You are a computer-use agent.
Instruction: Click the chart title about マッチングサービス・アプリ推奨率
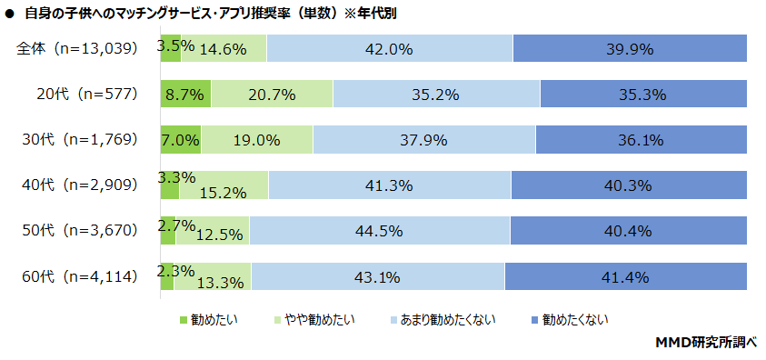point(205,14)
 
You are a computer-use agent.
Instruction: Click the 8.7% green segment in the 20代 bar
point(185,94)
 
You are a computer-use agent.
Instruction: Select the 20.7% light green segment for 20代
point(272,94)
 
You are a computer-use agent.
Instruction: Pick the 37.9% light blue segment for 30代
point(423,139)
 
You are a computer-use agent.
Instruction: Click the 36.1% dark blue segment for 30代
point(641,139)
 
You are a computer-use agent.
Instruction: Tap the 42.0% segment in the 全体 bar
point(390,49)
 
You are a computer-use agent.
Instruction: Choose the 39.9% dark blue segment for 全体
point(630,49)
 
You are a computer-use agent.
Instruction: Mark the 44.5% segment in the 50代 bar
point(380,231)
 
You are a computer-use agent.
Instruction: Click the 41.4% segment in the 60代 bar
point(625,276)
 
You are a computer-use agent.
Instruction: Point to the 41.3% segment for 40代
point(390,185)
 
